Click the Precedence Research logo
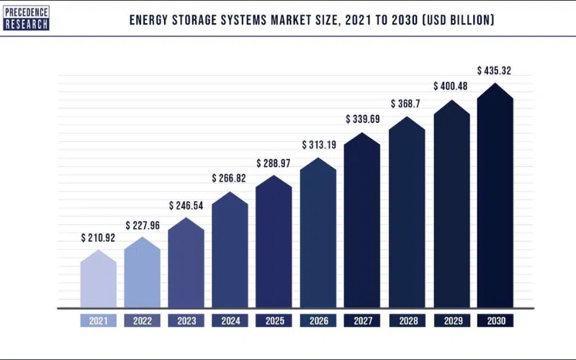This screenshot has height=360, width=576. [26, 17]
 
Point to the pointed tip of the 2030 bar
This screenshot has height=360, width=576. [495, 84]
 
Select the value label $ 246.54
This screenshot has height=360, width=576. [186, 205]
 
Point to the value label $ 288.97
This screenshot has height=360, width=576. [274, 163]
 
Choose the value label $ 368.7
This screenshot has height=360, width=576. [406, 104]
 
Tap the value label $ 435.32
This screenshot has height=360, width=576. [495, 71]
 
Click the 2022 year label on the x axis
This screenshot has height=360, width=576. [142, 321]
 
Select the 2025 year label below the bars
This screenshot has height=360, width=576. [274, 321]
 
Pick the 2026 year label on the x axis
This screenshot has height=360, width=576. [318, 321]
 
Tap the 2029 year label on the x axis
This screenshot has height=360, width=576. [451, 321]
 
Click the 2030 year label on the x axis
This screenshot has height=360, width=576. [495, 321]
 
